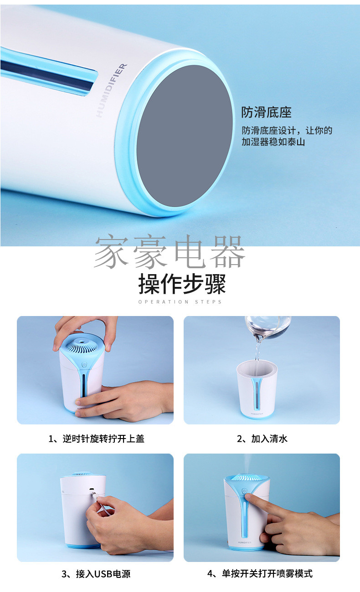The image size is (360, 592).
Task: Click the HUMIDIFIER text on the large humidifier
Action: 112,90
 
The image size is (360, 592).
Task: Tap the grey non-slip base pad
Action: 185,136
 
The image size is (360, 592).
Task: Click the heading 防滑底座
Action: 267,112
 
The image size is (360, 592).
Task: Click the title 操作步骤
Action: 182,284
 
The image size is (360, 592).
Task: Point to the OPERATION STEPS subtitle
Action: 180,302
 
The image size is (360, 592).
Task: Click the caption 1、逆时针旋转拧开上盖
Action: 96,439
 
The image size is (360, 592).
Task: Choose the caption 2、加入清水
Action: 262,439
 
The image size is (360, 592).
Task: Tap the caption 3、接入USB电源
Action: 96,574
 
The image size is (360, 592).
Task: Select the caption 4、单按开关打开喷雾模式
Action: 260,573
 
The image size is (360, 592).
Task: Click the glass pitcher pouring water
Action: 267,327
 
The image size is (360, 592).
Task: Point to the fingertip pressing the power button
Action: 248,497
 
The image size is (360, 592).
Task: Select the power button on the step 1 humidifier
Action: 84,365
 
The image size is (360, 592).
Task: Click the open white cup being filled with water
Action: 257,389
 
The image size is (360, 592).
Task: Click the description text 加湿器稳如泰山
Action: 273,142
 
